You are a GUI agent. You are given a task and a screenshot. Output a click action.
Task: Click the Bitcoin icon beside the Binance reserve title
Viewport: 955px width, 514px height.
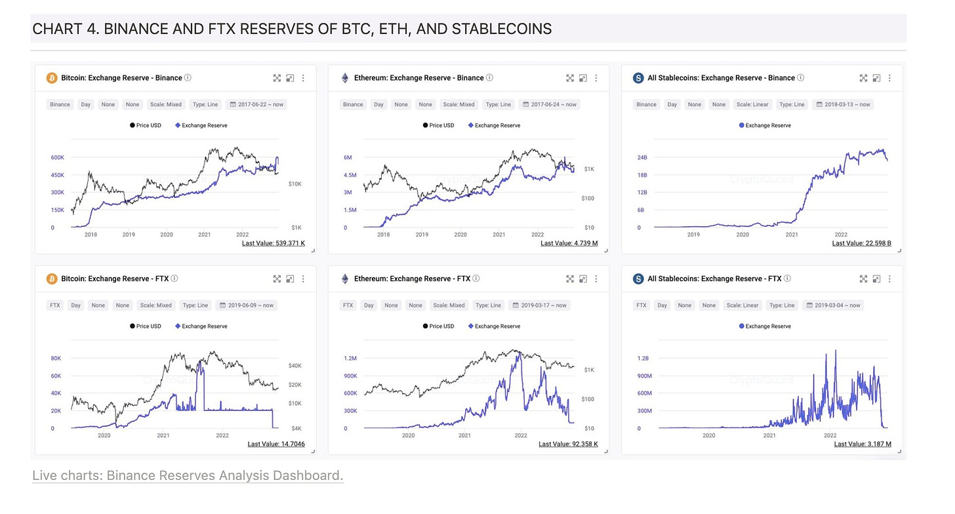coord(52,78)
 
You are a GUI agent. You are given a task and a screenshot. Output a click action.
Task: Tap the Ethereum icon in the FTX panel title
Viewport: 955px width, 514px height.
coord(345,279)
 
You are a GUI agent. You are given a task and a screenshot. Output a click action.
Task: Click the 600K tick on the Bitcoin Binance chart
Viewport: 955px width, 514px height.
coord(57,158)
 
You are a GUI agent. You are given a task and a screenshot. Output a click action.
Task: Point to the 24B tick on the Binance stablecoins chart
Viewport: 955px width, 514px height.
coord(641,158)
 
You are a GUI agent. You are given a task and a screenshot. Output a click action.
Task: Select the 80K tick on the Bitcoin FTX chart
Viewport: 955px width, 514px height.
coord(56,359)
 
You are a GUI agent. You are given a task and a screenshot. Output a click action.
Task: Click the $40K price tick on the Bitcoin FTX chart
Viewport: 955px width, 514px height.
coord(295,365)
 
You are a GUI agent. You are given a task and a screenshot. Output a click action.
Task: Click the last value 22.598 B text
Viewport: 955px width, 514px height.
coord(862,243)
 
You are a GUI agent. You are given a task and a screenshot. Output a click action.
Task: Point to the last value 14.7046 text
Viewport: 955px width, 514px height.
coord(276,444)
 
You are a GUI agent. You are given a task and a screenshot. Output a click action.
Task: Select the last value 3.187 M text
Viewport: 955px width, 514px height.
coord(863,444)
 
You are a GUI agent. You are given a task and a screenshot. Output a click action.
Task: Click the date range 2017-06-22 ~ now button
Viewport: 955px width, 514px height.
coord(256,104)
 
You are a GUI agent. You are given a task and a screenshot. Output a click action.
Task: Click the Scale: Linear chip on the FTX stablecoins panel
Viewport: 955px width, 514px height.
coord(742,305)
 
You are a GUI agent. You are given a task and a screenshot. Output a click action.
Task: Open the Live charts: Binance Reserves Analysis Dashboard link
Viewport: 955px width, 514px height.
coord(188,475)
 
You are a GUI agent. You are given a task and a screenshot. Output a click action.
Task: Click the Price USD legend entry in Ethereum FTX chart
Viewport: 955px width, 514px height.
coord(438,326)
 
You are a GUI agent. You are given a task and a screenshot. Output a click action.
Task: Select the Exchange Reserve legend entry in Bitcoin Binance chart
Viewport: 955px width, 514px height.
coord(201,125)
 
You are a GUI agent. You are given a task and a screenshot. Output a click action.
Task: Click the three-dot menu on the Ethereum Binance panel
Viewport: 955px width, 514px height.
coord(596,78)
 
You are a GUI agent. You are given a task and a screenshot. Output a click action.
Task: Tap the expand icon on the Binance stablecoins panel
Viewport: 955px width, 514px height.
coord(863,78)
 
